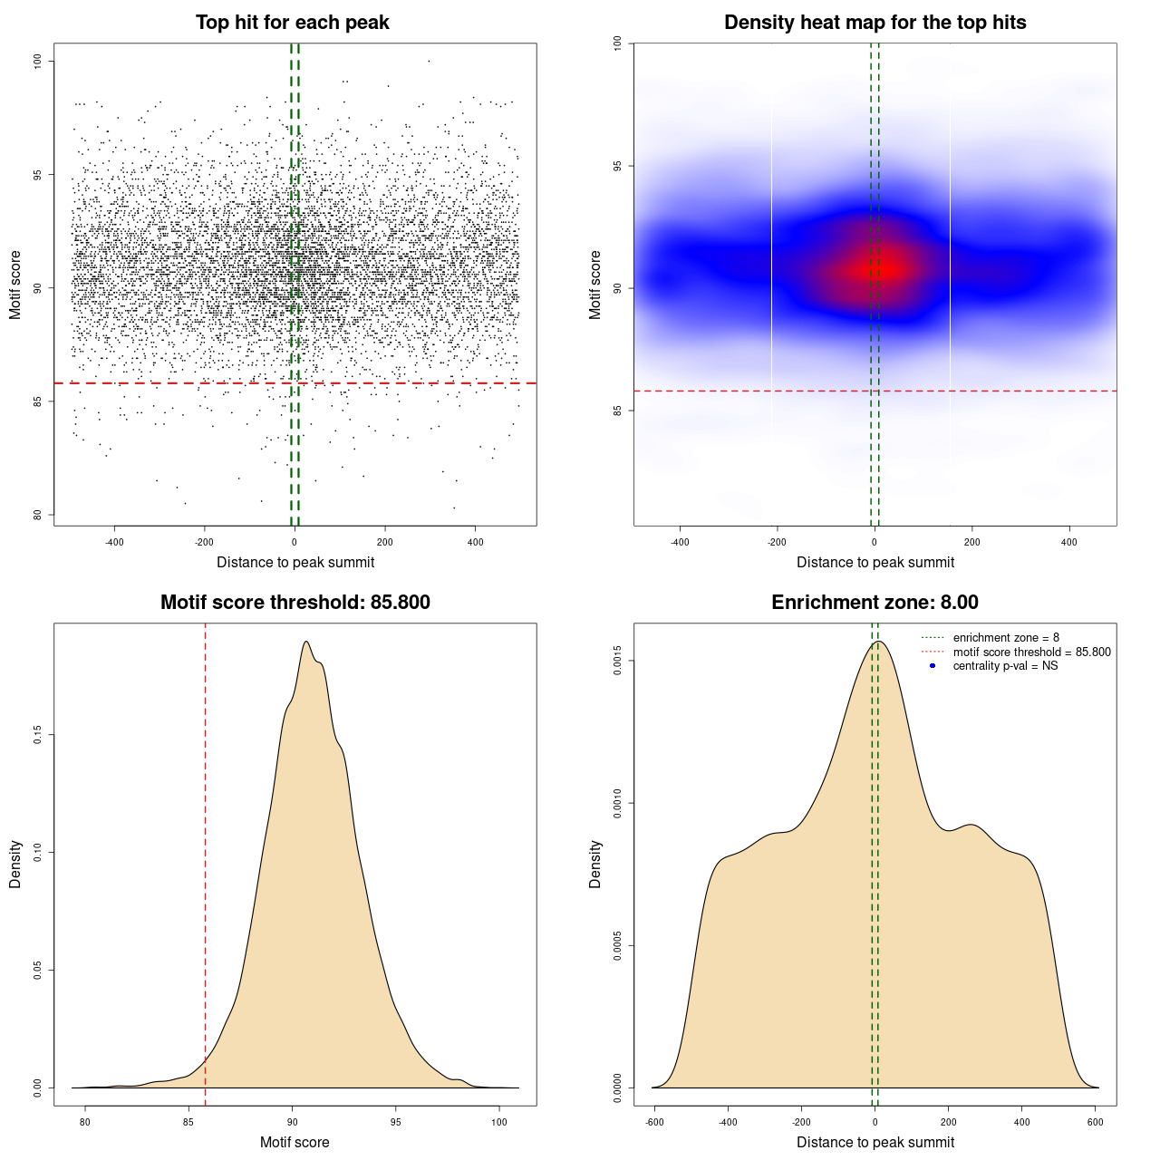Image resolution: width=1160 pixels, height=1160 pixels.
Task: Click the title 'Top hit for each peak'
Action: (x=292, y=23)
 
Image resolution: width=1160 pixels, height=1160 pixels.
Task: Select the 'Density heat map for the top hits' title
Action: (x=875, y=23)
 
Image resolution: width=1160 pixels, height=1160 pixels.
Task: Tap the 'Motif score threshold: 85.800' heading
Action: (x=295, y=603)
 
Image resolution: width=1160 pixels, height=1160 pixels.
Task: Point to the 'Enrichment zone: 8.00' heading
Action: (x=875, y=603)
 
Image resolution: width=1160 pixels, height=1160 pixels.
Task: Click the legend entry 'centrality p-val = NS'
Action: (x=1005, y=666)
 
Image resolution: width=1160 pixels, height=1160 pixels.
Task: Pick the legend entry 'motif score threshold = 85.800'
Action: (x=1031, y=652)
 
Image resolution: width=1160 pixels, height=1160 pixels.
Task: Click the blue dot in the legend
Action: (x=933, y=666)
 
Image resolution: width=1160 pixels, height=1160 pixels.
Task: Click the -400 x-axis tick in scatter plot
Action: (x=114, y=542)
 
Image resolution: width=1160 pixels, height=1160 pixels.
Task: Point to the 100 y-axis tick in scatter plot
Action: (x=37, y=61)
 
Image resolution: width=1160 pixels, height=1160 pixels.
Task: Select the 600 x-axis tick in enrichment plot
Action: (x=1095, y=1122)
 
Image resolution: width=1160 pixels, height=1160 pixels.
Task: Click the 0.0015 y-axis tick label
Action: (x=617, y=661)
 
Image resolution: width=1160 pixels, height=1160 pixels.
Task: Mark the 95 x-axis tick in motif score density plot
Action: (x=395, y=1122)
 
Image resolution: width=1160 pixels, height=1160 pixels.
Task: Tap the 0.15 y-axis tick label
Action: (x=37, y=735)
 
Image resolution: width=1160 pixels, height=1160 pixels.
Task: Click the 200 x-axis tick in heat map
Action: (x=971, y=542)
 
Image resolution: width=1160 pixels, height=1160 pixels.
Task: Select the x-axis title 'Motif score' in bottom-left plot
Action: (x=295, y=1142)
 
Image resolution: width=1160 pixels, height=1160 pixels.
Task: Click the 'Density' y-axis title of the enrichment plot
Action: (x=595, y=864)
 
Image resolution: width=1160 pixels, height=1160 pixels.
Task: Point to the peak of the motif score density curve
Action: (x=306, y=642)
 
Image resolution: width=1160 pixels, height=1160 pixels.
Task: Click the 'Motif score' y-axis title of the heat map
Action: (x=595, y=285)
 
